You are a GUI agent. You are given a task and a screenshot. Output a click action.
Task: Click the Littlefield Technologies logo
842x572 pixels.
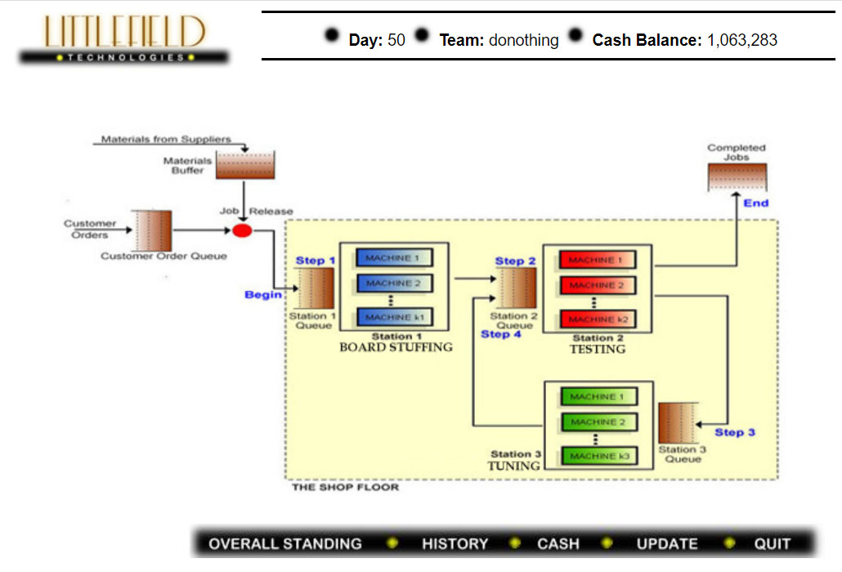coord(124,39)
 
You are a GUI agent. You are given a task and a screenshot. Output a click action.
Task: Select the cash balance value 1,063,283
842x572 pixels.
coord(741,39)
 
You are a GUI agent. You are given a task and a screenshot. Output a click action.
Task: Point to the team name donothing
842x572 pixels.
coord(524,39)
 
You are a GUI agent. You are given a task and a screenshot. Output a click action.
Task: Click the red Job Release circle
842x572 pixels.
coord(242,230)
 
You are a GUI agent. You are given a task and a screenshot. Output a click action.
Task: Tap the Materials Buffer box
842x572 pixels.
coord(245,165)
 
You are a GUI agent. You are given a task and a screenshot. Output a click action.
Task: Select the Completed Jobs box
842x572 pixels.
coord(737,177)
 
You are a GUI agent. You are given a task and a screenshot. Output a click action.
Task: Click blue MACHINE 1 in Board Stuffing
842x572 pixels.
coord(393,258)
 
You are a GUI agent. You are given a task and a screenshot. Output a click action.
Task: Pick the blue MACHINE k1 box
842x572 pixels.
coord(393,317)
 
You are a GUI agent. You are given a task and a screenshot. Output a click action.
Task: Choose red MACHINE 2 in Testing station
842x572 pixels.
coord(597,285)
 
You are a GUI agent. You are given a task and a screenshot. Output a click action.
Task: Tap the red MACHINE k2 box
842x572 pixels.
coord(597,319)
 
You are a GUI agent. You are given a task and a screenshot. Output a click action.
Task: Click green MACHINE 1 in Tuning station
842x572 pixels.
coord(598,397)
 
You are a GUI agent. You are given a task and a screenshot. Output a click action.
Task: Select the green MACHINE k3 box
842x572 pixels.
coord(598,455)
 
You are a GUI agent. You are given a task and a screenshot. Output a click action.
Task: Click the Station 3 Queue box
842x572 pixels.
coord(676,422)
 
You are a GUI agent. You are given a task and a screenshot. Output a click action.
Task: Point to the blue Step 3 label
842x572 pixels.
coord(735,432)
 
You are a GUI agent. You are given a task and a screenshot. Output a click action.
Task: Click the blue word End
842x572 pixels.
coord(755,203)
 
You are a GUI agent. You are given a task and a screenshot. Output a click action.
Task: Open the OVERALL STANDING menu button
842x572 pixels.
coord(284,543)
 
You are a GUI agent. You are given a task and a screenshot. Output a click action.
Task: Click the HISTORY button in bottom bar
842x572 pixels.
coord(455,543)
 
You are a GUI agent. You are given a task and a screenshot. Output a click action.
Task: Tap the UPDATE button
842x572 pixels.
coord(667,543)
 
